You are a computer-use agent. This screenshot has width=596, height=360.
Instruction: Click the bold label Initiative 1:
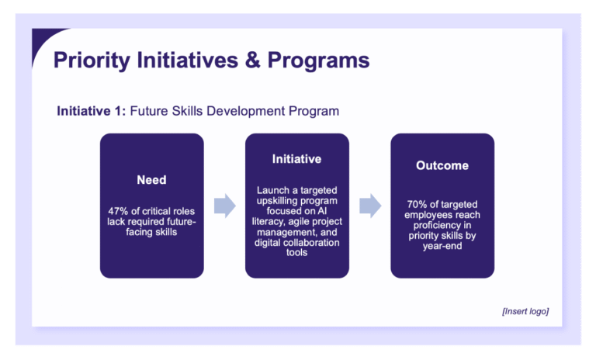[91, 111]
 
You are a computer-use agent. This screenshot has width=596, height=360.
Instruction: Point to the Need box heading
[151, 180]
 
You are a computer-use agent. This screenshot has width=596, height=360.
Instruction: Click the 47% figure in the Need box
[120, 210]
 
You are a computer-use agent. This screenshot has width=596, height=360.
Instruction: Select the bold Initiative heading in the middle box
[296, 159]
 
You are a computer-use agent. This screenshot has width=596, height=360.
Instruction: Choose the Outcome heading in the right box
[442, 165]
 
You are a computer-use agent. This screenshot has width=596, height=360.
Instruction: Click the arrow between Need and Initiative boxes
[224, 206]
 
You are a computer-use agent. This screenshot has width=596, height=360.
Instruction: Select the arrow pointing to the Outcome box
[370, 206]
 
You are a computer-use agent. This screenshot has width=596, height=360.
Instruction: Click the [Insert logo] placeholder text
[525, 311]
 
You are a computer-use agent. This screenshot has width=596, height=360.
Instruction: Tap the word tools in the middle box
[296, 252]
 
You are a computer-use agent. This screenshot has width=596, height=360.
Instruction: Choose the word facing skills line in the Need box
[151, 231]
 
